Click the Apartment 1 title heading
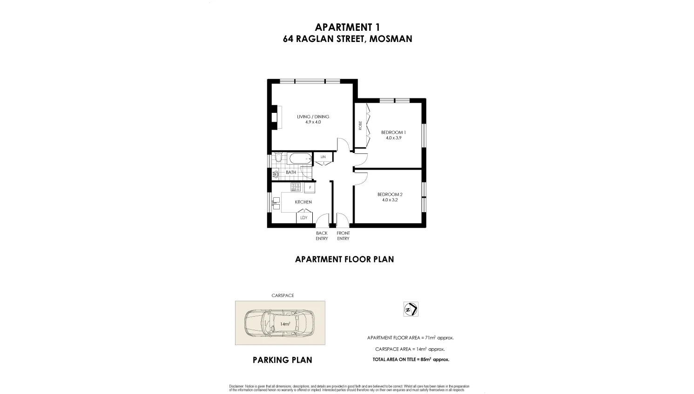point(347,27)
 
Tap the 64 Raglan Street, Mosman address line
point(347,39)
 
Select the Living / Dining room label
point(313,117)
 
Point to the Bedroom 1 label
point(393,132)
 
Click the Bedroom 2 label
point(390,194)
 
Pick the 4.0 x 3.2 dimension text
point(390,200)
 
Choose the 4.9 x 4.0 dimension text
point(313,122)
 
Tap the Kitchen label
point(303,202)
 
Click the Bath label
point(291,173)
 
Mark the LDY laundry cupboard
point(303,218)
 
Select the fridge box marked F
point(310,188)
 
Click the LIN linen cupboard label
point(323,157)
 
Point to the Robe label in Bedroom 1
point(360,125)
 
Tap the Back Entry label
point(322,236)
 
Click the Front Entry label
point(343,236)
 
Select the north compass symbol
point(411,309)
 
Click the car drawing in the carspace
point(280,323)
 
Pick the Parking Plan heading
point(282,360)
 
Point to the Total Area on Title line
point(411,359)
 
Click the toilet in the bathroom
point(278,159)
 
